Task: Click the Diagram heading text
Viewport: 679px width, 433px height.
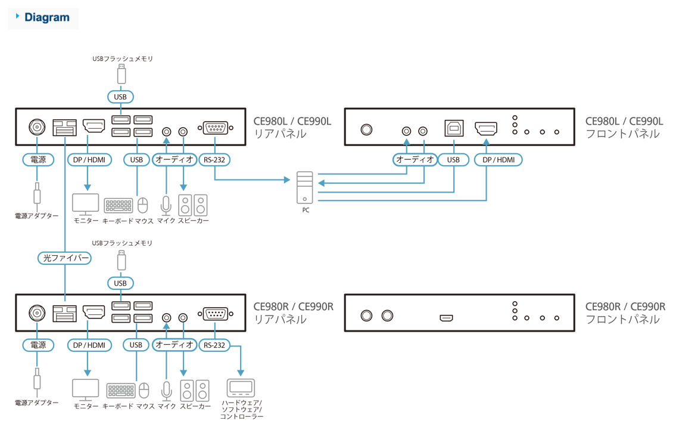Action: pyautogui.click(x=46, y=17)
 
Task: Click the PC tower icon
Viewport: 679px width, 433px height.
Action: pyautogui.click(x=304, y=188)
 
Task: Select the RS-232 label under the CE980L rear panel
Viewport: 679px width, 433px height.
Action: pyautogui.click(x=214, y=159)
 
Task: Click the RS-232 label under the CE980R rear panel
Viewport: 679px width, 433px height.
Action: pyautogui.click(x=214, y=345)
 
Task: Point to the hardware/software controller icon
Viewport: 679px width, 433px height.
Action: pyautogui.click(x=241, y=388)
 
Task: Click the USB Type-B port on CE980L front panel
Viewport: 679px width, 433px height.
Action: pyautogui.click(x=453, y=129)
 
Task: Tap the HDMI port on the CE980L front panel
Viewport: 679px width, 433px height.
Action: pyautogui.click(x=486, y=129)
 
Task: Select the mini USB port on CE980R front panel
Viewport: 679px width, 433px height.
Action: pyautogui.click(x=446, y=318)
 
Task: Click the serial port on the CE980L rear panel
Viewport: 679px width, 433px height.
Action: pyautogui.click(x=215, y=128)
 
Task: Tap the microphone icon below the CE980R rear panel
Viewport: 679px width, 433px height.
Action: pyautogui.click(x=166, y=390)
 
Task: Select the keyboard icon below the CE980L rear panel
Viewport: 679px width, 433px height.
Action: pyautogui.click(x=119, y=205)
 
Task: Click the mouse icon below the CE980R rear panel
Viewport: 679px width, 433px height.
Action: pyautogui.click(x=144, y=390)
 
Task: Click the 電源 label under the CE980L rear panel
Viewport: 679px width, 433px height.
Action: pyautogui.click(x=37, y=159)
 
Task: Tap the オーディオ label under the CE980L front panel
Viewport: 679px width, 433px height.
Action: pyautogui.click(x=415, y=159)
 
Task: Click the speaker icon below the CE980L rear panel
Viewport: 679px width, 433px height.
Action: pyautogui.click(x=194, y=205)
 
